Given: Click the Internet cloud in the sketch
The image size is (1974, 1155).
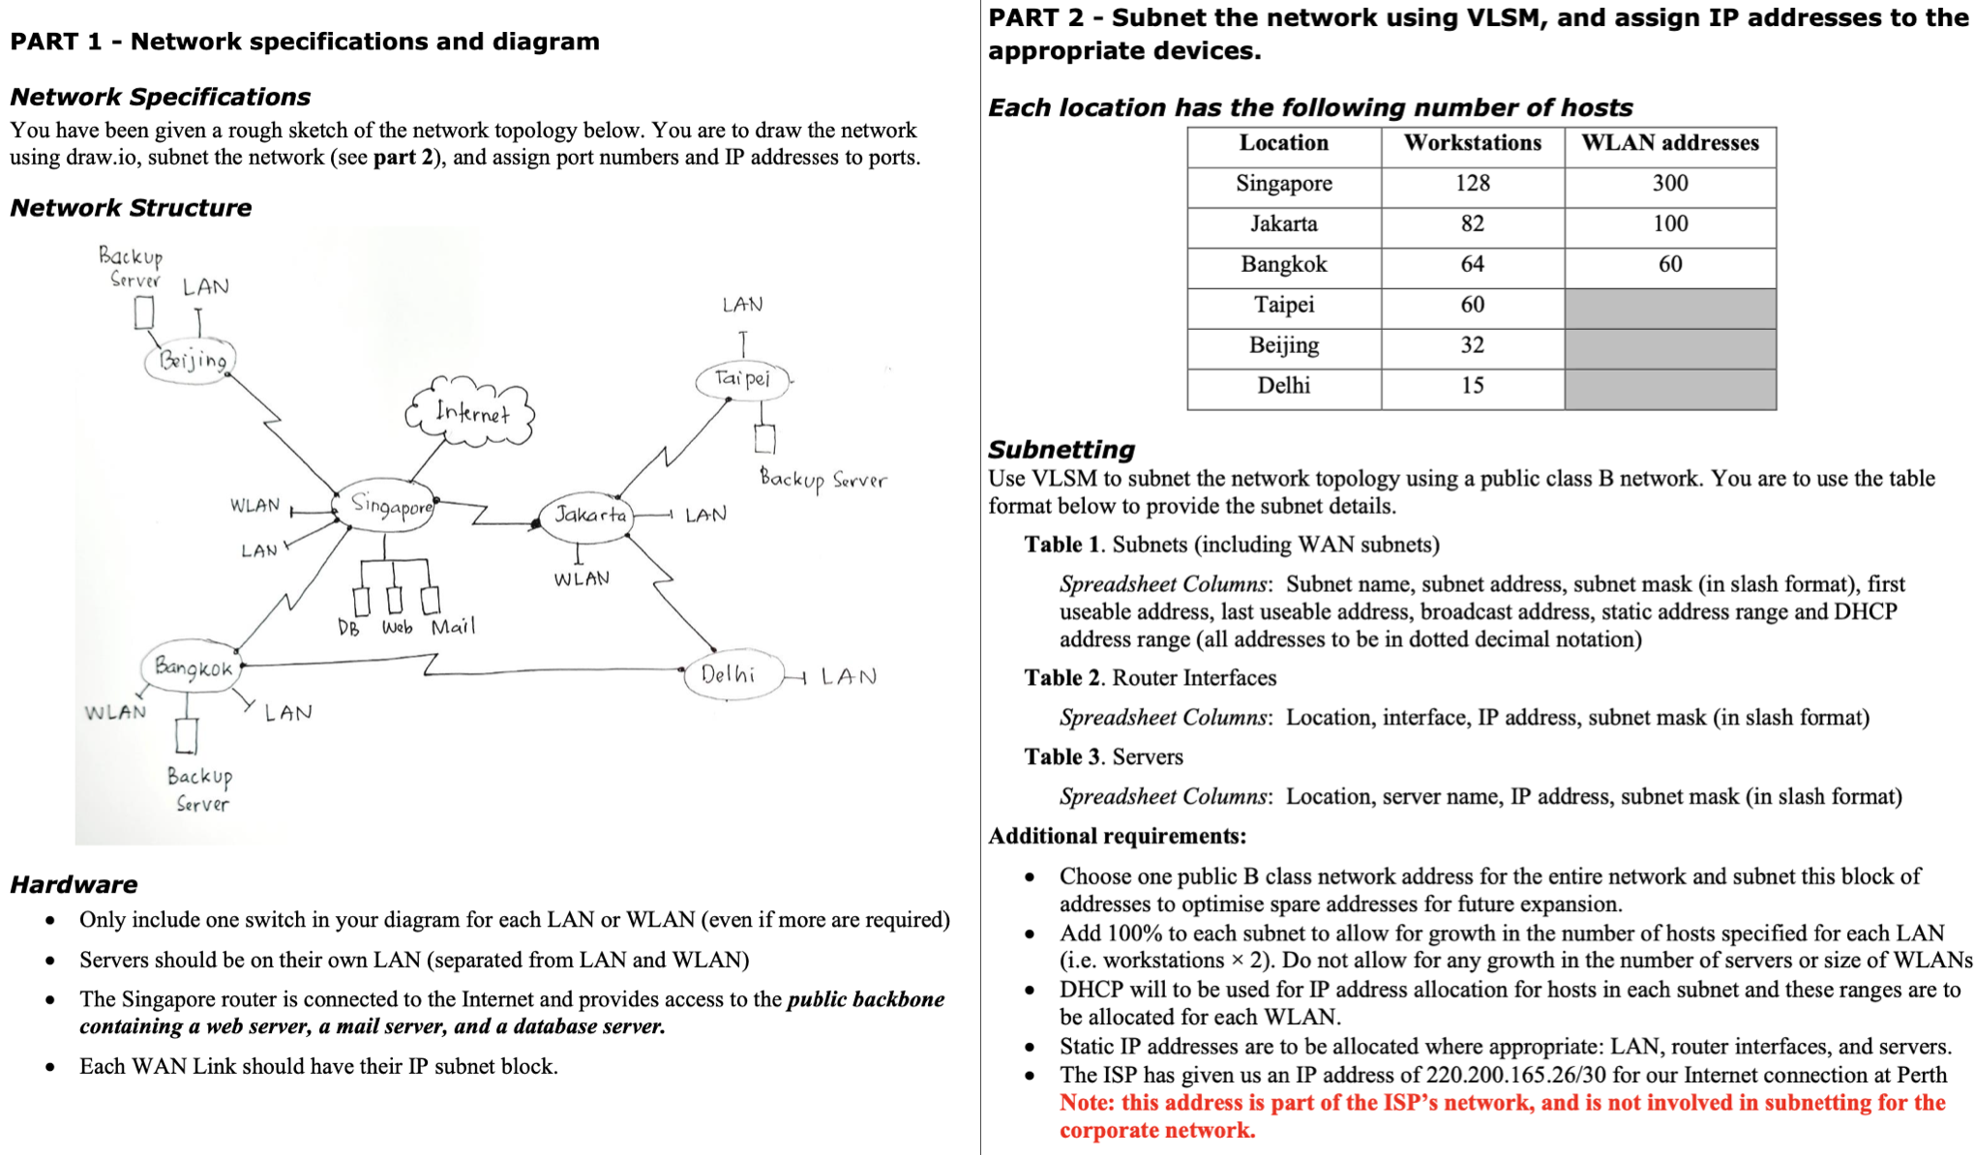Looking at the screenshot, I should tap(471, 413).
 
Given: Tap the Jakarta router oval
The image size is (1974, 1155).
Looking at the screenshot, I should tap(587, 515).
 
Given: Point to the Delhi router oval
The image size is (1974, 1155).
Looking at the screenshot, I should tap(731, 674).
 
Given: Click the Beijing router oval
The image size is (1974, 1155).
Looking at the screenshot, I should tap(191, 361).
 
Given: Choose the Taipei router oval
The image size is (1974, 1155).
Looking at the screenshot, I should tap(742, 378).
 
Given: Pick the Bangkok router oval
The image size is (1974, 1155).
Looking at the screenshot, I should tap(192, 667).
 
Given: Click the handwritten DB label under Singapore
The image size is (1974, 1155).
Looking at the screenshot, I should tap(348, 629).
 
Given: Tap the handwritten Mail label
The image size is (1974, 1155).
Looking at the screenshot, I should tap(453, 627).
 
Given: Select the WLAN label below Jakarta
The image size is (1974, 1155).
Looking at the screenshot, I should tap(582, 579).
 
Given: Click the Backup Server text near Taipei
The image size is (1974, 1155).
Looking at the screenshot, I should tap(822, 479).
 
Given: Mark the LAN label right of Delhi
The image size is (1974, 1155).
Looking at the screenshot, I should tap(849, 676).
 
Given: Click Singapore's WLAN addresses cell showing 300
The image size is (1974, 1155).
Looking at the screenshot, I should tap(1669, 184).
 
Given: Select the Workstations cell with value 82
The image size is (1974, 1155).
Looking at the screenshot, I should tap(1472, 224).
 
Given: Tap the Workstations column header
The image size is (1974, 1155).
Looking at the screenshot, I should tap(1472, 143).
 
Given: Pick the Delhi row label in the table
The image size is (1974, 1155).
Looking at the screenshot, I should tap(1283, 386).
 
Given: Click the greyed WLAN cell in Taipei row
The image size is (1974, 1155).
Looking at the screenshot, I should tap(1669, 306).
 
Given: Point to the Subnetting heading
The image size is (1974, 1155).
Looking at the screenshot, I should tap(1061, 449).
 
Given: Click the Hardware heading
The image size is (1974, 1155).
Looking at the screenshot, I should tap(74, 884).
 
